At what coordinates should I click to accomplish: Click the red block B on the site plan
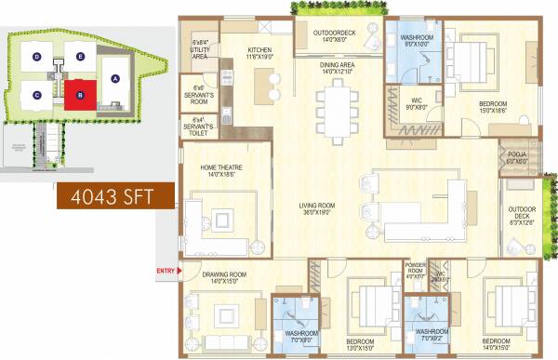click(x=81, y=94)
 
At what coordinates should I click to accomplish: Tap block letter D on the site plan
click(x=37, y=57)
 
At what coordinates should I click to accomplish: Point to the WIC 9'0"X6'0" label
click(x=411, y=102)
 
